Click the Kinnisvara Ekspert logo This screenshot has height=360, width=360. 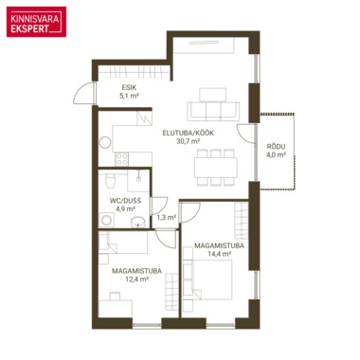36,22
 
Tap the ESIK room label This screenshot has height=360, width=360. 129,87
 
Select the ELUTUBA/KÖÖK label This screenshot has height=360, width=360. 189,133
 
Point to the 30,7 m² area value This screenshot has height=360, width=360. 189,141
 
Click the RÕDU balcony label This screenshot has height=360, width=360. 276,147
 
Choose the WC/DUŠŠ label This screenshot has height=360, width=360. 125,201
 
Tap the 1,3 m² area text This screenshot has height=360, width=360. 167,217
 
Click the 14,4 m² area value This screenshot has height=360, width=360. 219,254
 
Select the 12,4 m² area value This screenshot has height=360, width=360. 137,279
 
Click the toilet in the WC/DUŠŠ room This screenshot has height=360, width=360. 110,181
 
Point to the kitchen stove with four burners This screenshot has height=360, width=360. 122,159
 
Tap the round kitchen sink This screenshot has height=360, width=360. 105,143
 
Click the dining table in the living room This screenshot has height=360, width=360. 216,168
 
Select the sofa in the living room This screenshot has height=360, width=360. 213,112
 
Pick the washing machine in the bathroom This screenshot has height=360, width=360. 107,220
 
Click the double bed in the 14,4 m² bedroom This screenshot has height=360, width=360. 211,279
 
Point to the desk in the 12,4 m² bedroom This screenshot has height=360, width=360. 116,309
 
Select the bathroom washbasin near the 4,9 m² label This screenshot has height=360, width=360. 138,222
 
